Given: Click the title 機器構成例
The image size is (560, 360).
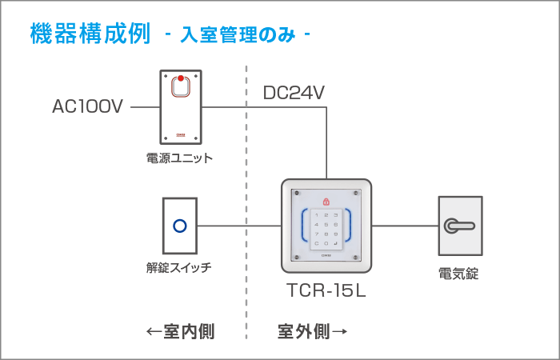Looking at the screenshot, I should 90,34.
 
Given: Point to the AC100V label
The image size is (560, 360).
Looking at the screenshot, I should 88,106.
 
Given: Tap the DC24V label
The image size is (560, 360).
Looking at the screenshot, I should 294,94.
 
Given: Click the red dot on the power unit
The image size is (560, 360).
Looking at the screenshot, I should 181,78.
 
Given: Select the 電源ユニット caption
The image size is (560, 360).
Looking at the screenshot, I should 180,158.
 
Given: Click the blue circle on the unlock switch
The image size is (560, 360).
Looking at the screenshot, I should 180,226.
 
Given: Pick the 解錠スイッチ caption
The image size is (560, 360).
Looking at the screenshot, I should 179,267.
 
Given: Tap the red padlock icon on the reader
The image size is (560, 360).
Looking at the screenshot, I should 326,201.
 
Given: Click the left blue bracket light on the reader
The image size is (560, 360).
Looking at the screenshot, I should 304,226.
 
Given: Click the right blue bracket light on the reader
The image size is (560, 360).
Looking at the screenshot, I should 349,226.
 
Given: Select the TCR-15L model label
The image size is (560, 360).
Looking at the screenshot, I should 326,291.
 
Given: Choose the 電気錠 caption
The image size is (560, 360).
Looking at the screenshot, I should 459,274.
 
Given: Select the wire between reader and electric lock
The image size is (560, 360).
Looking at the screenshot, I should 405,226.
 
